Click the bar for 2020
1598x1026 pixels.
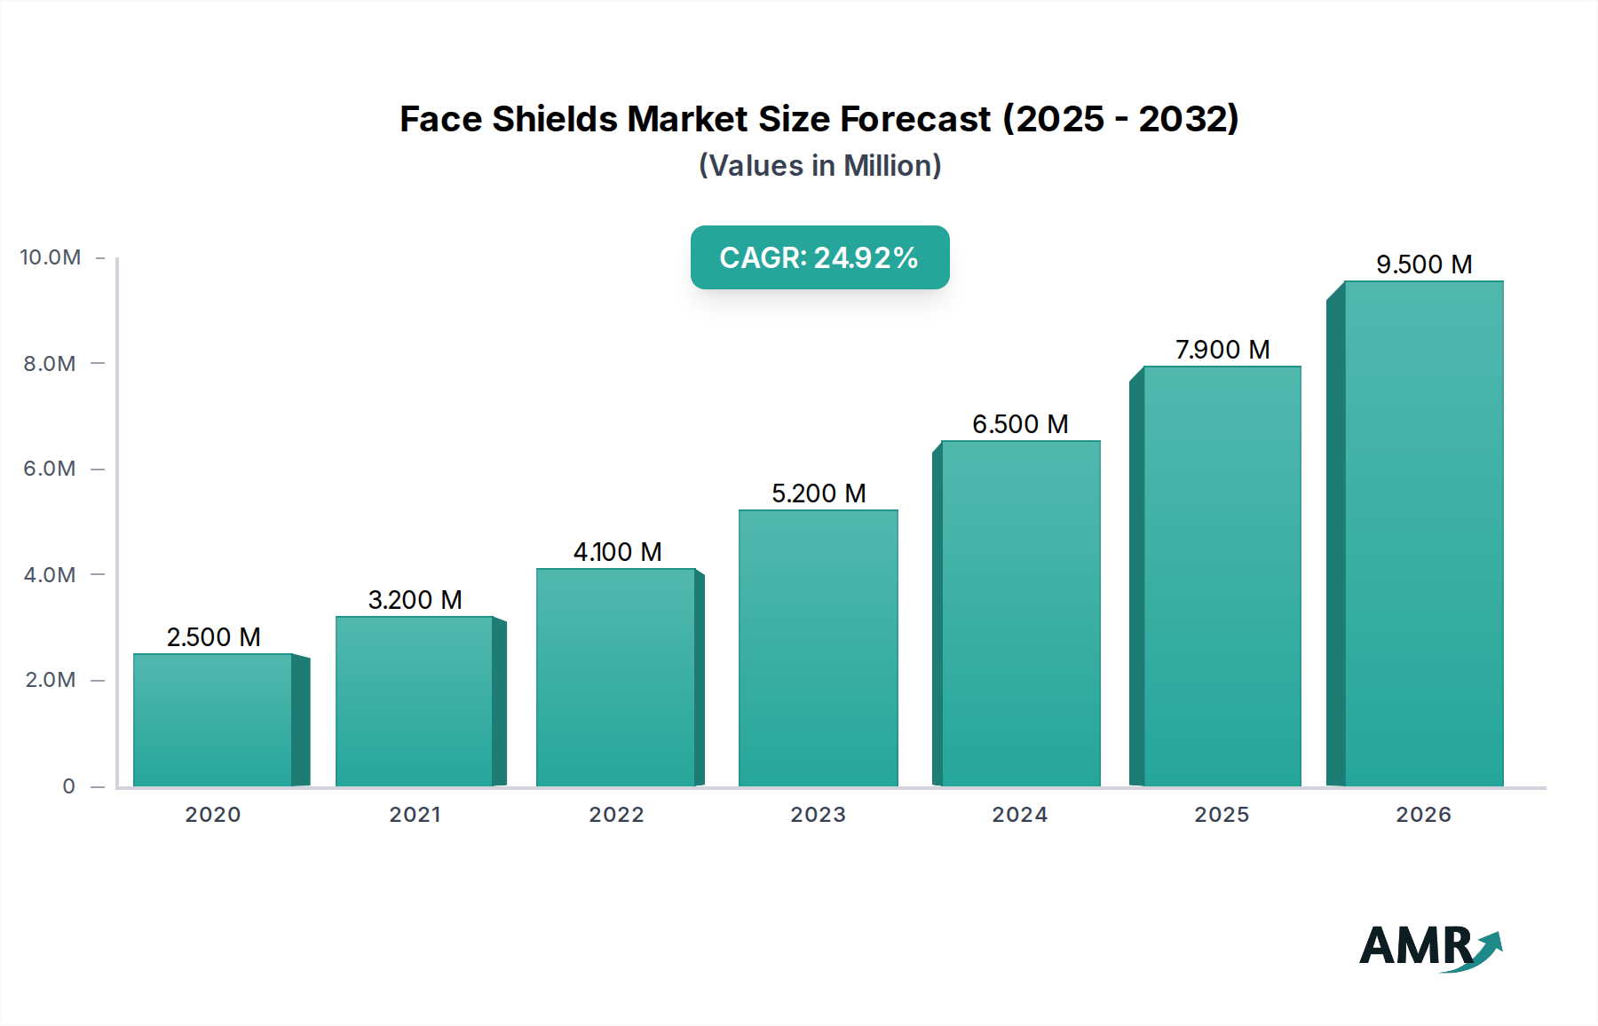(213, 720)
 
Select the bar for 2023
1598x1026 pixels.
(818, 648)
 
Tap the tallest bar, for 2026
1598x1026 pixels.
(1423, 533)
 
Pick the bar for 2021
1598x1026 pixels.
(415, 701)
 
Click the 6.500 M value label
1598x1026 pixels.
(1020, 424)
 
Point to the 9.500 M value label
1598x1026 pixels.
(1423, 264)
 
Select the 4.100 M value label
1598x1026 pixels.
(617, 552)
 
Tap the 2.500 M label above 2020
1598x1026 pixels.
(213, 637)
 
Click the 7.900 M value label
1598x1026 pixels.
(1222, 350)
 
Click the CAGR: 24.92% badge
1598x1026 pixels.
(819, 257)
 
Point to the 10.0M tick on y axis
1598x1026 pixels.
(51, 257)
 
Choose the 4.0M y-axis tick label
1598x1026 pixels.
(50, 575)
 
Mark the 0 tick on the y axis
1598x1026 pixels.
(68, 786)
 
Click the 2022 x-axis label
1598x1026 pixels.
(616, 815)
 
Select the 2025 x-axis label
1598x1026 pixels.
(1222, 815)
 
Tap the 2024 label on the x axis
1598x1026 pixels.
(1020, 815)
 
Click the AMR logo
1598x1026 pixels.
(1429, 948)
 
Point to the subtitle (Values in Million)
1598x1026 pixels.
(819, 166)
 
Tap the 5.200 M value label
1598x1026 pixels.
(818, 493)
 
